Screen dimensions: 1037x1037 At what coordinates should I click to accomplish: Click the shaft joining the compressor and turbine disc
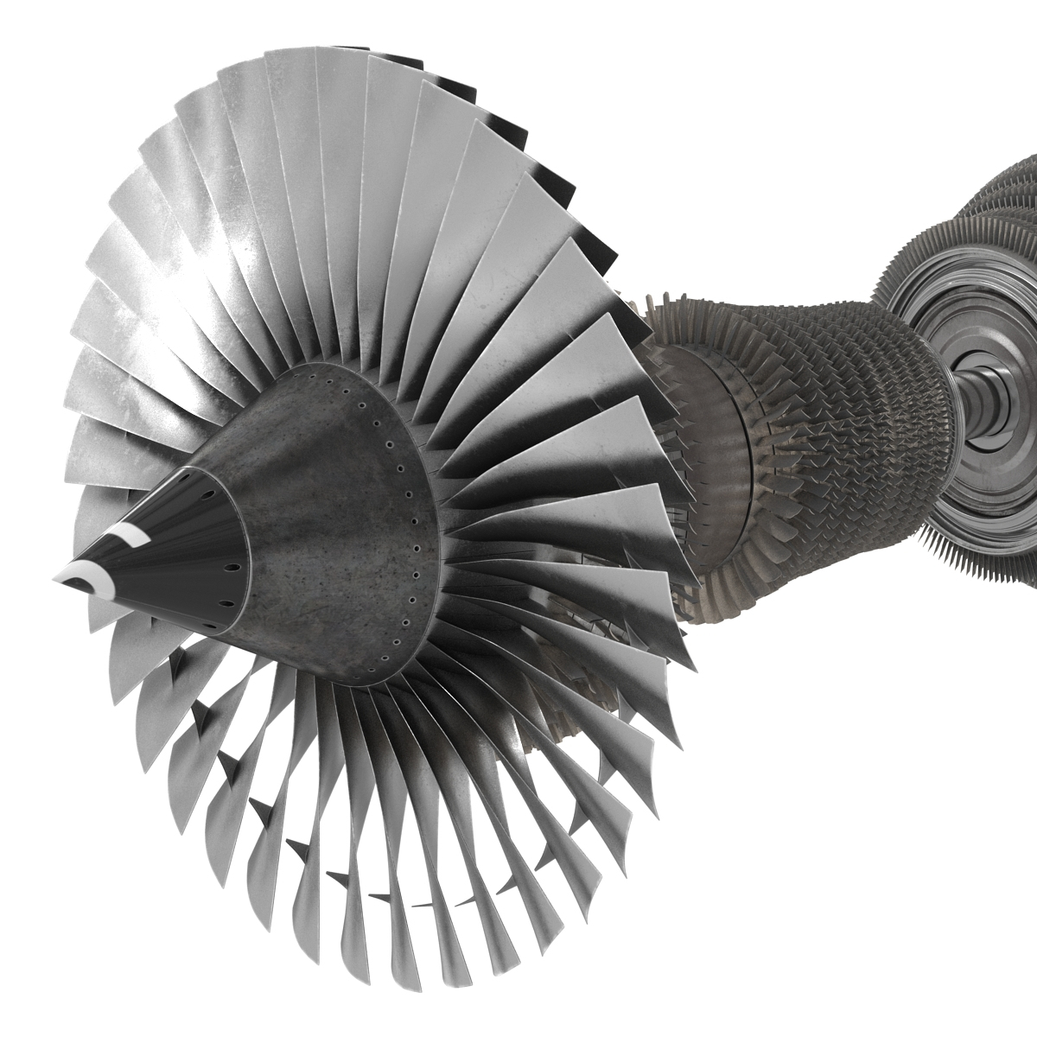click(981, 406)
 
